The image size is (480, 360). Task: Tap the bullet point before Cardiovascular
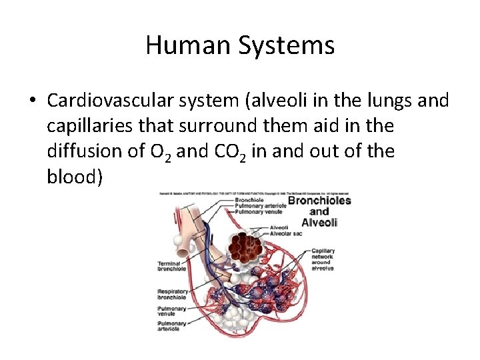[x=33, y=101]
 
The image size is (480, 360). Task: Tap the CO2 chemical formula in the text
[x=232, y=153]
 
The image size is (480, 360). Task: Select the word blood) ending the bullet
[x=75, y=177]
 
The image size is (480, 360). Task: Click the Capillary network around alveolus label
[x=323, y=259]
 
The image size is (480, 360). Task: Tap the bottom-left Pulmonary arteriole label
[x=172, y=326]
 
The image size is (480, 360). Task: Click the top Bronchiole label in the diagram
[x=245, y=200]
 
